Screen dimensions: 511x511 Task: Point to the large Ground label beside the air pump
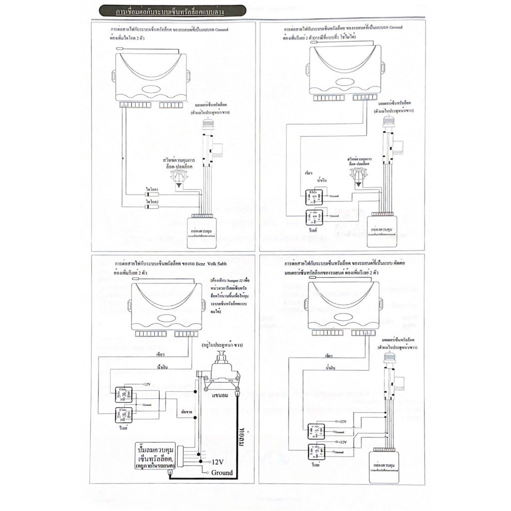222,473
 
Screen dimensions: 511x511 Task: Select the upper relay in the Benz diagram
123,393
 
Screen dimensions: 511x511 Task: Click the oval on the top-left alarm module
151,90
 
